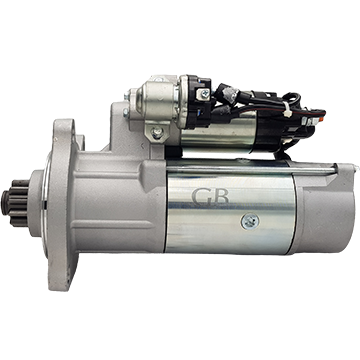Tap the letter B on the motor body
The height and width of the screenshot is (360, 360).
pos(221,197)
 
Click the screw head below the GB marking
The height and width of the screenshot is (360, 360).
pos(250,221)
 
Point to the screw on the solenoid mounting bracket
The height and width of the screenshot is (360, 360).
pos(156,132)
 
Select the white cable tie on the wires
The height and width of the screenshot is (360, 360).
pos(286,111)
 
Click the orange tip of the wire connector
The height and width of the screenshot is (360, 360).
pos(321,119)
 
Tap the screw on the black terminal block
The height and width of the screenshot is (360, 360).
pos(203,94)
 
